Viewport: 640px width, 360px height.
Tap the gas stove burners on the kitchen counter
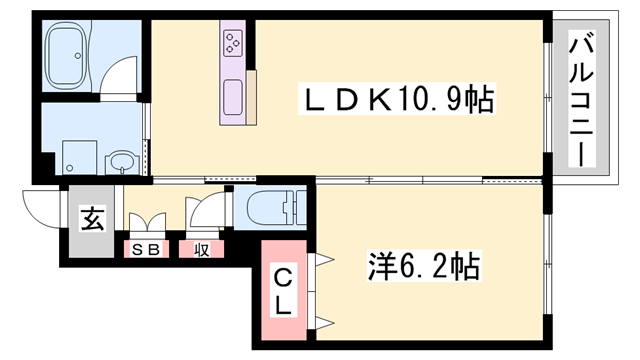pyautogui.click(x=233, y=43)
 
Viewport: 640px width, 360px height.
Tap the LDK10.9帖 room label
pyautogui.click(x=400, y=99)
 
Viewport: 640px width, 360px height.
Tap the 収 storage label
pyautogui.click(x=200, y=248)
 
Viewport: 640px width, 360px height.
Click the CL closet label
pyautogui.click(x=283, y=289)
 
